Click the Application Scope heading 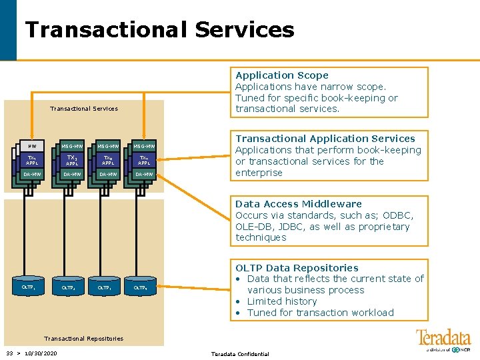pyautogui.click(x=282, y=75)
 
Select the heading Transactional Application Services pyautogui.click(x=325, y=139)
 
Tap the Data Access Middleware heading pyautogui.click(x=299, y=204)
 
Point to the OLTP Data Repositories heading pyautogui.click(x=297, y=268)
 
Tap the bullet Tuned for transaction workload pyautogui.click(x=320, y=313)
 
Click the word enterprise pyautogui.click(x=259, y=173)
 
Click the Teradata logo pyautogui.click(x=443, y=339)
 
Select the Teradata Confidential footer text pyautogui.click(x=240, y=354)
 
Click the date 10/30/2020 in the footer pyautogui.click(x=42, y=353)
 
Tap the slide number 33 pyautogui.click(x=9, y=353)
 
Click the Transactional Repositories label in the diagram pyautogui.click(x=83, y=339)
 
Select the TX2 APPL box pyautogui.click(x=72, y=161)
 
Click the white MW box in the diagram pyautogui.click(x=31, y=146)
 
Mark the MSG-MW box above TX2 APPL pyautogui.click(x=72, y=146)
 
